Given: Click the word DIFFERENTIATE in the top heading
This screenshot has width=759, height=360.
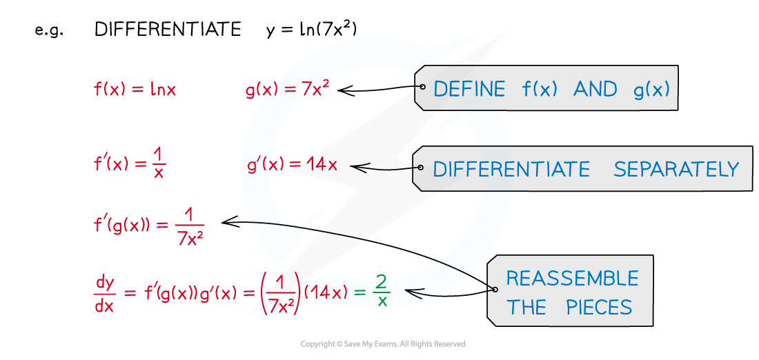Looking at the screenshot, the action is point(168,30).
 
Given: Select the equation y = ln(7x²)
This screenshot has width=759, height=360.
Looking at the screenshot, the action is point(311,30).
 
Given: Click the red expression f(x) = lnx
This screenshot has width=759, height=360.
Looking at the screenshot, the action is point(135,90).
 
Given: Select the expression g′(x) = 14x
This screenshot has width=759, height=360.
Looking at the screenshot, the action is point(291,166).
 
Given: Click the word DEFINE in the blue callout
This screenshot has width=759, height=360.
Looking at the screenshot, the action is point(469,90).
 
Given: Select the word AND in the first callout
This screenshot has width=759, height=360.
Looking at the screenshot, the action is point(595,90).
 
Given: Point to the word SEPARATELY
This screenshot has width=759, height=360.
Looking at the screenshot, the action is point(677,170).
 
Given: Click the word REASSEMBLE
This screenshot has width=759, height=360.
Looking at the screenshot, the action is point(572,278).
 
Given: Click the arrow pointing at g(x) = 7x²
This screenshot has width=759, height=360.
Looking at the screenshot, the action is point(379,89).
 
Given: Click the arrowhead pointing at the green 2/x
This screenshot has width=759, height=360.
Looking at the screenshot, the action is point(411,291).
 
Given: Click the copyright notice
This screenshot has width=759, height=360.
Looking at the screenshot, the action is point(383,344).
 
